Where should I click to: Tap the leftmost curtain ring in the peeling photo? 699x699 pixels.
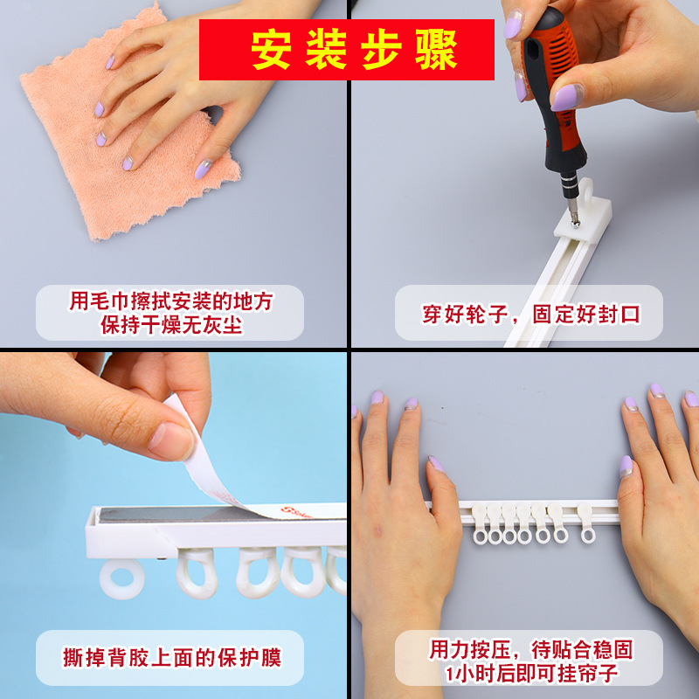pyautogui.click(x=121, y=578)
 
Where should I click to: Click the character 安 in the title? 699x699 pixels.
pyautogui.click(x=271, y=51)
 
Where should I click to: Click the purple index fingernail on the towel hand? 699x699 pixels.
pyautogui.click(x=110, y=62)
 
